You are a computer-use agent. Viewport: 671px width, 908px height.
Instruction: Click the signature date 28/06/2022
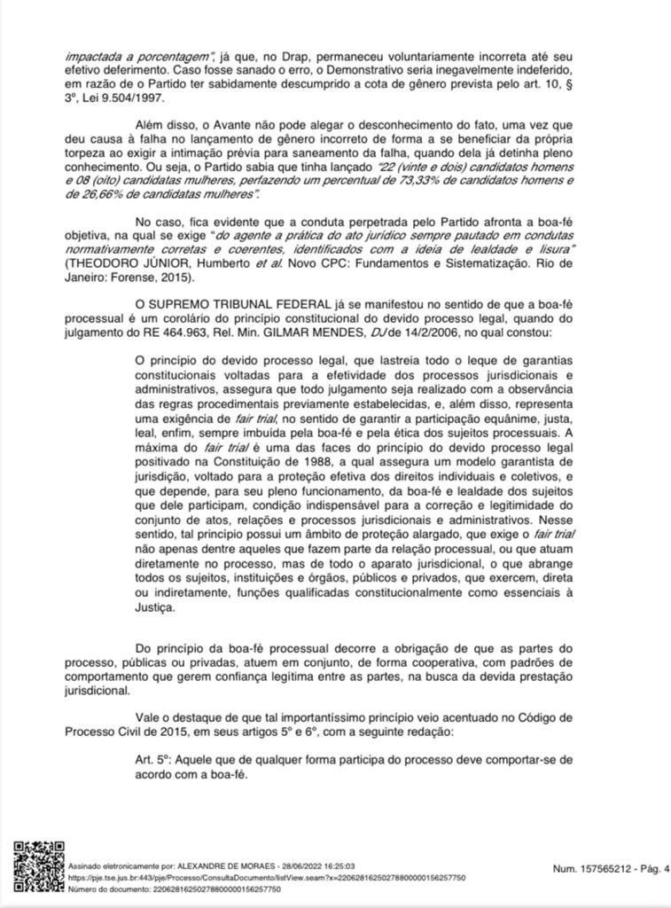(x=309, y=865)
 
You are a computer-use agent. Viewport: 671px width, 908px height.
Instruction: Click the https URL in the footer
(x=266, y=877)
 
